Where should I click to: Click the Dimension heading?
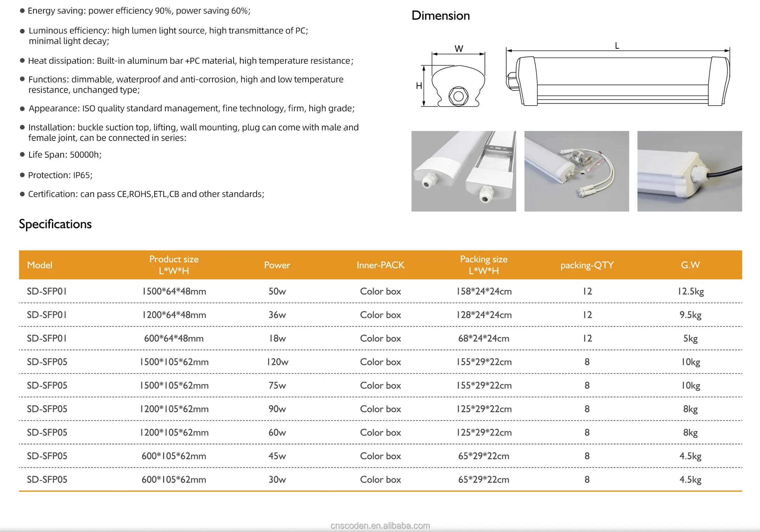tap(440, 16)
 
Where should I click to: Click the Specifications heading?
tap(55, 224)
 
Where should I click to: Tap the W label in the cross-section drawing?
tap(459, 49)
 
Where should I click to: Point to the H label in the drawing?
tap(419, 86)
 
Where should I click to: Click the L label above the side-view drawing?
tap(617, 46)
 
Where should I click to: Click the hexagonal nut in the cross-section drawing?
tap(458, 96)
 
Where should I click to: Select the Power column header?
tap(277, 265)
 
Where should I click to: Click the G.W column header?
tap(690, 265)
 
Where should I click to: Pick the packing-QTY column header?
tap(587, 265)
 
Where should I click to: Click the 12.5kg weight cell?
tap(690, 291)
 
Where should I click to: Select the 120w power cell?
tap(277, 362)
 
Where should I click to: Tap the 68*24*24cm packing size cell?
tap(483, 338)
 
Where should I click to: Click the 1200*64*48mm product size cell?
tap(174, 315)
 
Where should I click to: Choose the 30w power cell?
tap(277, 479)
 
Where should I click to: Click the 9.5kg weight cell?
tap(690, 315)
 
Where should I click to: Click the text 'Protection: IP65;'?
tap(60, 175)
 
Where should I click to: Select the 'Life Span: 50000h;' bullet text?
tap(65, 154)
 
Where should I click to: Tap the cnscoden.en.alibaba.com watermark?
tap(380, 525)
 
